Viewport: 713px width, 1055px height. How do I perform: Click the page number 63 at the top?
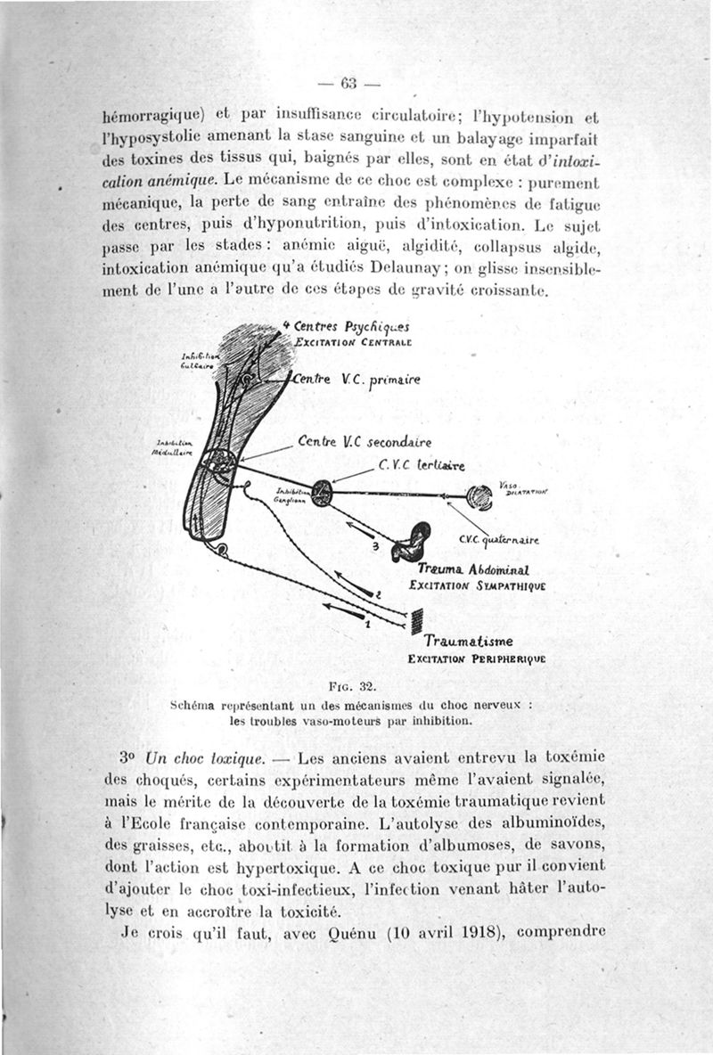pyautogui.click(x=348, y=85)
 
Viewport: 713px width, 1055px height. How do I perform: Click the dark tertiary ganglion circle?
pyautogui.click(x=321, y=493)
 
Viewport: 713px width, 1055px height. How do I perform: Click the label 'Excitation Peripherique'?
pyautogui.click(x=476, y=659)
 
